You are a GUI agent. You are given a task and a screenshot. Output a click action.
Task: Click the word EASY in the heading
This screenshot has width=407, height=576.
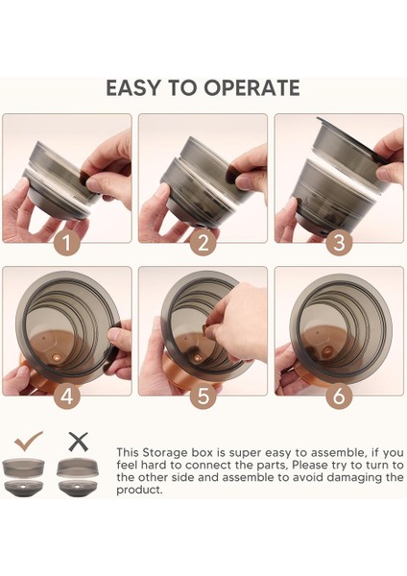pos(133,88)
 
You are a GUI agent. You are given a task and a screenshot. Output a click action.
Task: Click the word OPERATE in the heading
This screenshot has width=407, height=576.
pos(252,88)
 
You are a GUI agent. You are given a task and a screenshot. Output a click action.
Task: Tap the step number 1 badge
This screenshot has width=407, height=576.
pos(67,243)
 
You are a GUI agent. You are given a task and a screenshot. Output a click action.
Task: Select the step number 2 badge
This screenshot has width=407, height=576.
pos(203,243)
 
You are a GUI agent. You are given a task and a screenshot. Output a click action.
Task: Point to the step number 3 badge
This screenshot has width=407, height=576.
pos(339,243)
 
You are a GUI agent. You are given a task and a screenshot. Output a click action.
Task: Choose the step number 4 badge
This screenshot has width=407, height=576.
pos(67,396)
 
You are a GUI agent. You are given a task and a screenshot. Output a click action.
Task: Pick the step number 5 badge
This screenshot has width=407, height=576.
pos(203,396)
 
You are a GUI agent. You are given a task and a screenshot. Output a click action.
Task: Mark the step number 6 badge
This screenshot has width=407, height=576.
pos(339,396)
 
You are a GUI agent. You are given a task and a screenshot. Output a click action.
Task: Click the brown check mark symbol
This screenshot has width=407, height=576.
pos(29,442)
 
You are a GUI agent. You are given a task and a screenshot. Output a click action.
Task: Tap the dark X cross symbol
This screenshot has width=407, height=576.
pos(79,442)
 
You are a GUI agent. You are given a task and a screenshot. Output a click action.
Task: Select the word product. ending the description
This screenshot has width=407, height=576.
pos(139,491)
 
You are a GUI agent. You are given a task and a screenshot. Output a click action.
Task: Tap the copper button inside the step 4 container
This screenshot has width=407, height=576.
pos(57,357)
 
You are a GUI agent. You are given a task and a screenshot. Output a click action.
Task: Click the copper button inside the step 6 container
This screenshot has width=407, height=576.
pos(326,352)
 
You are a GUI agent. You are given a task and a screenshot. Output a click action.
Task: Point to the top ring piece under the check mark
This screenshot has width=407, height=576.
pos(23,468)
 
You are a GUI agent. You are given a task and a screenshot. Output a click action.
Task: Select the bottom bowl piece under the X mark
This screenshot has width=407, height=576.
pos(79,488)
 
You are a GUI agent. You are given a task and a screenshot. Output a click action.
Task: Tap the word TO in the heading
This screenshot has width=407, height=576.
pos(182,88)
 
